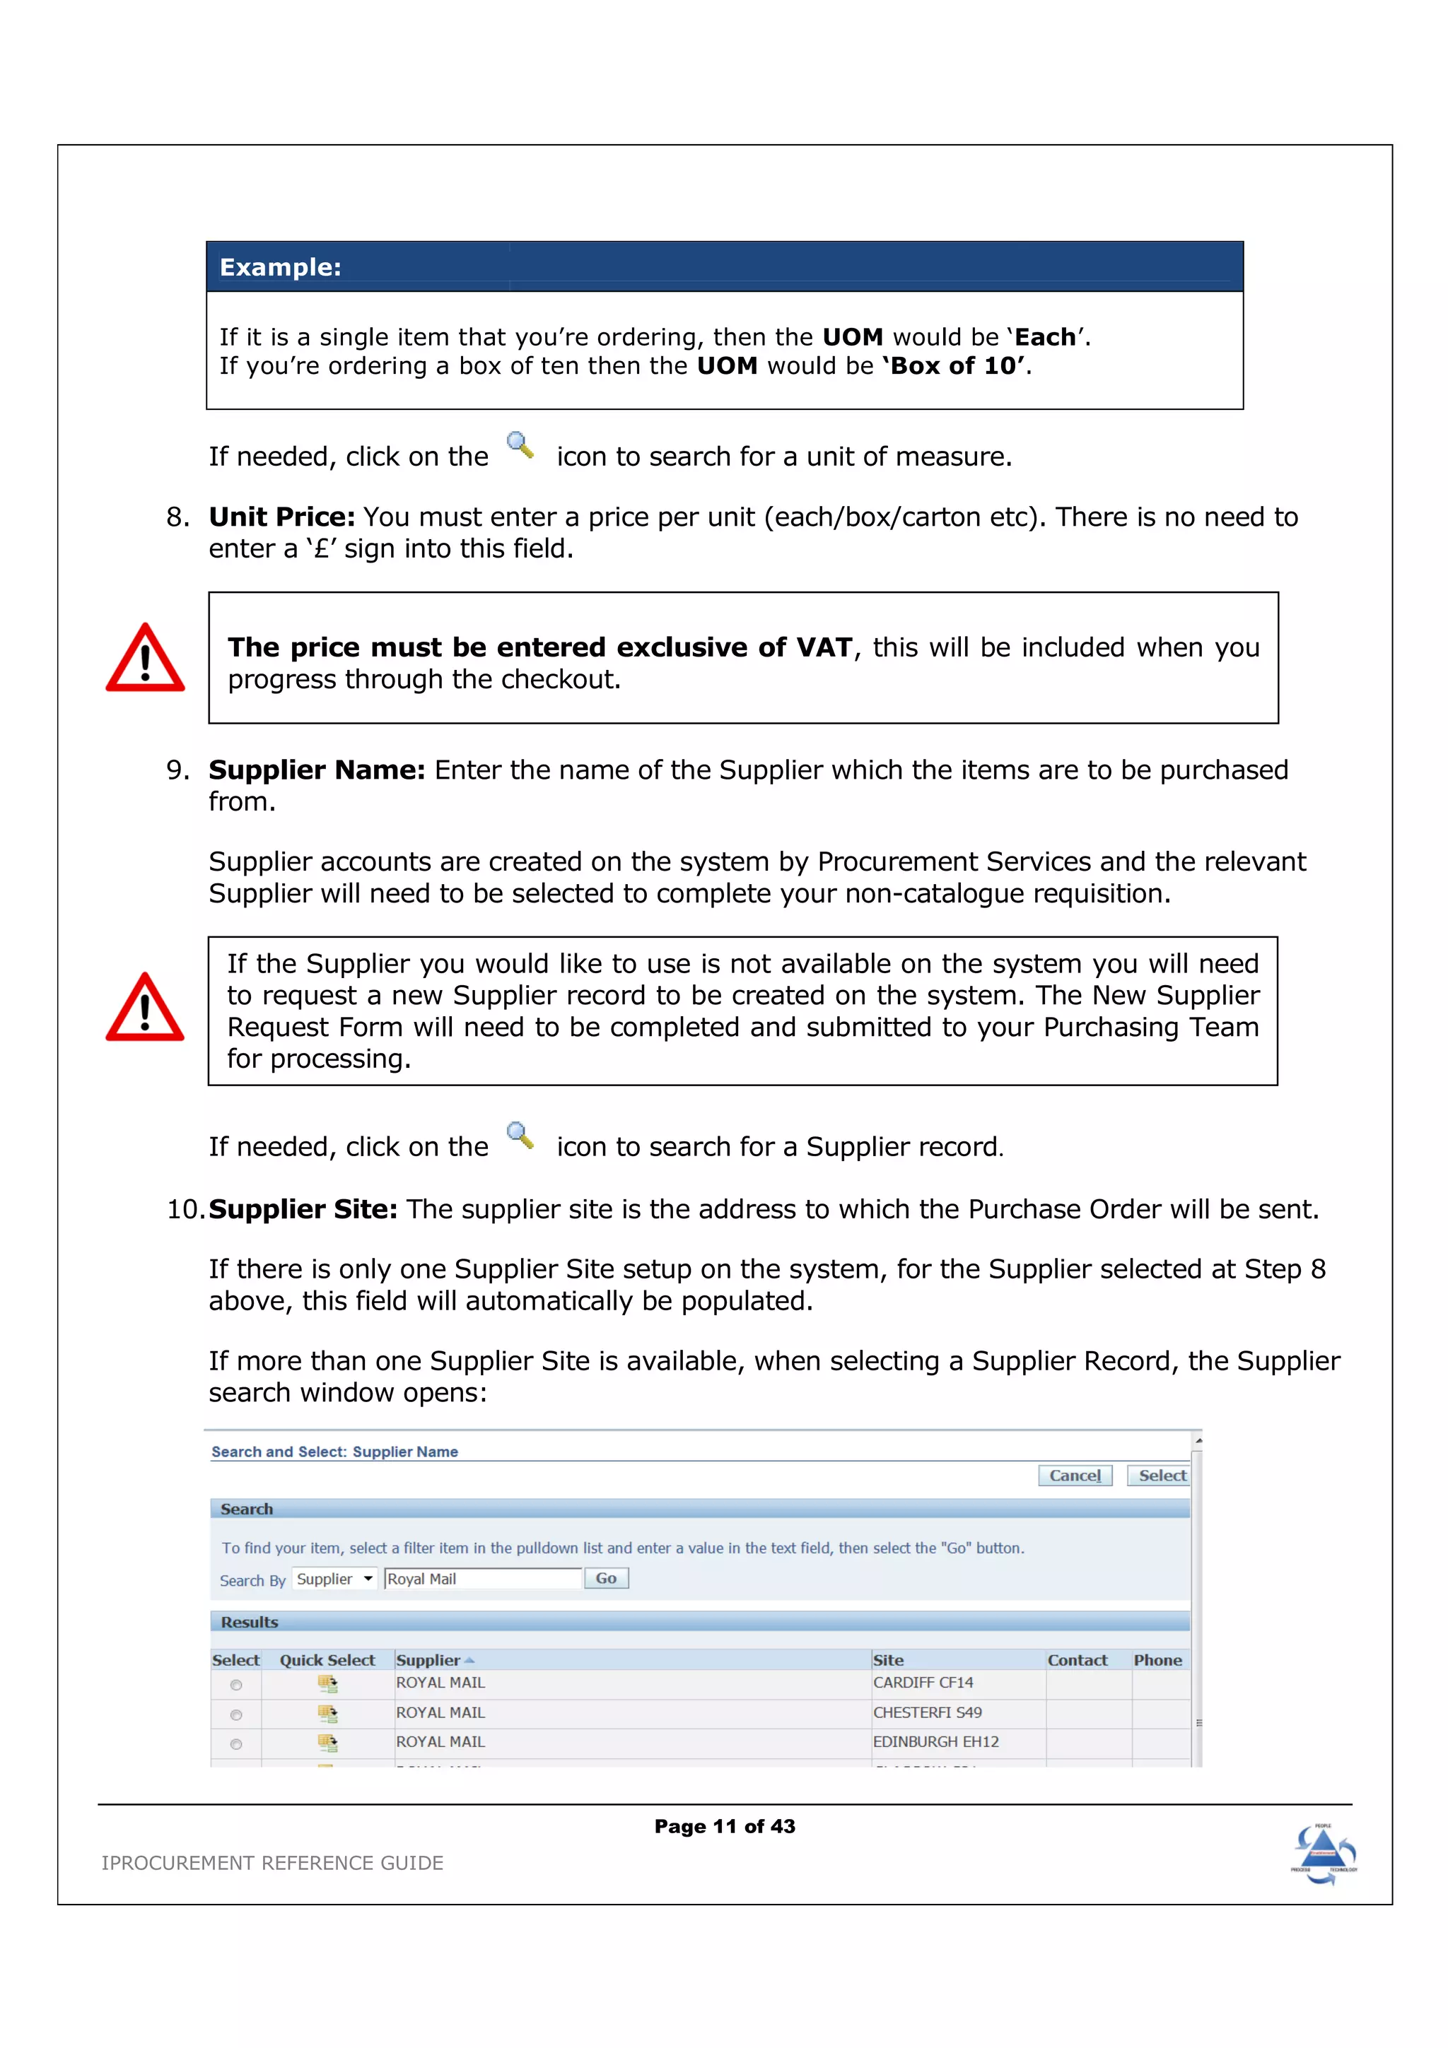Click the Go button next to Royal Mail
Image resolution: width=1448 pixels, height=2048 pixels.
[x=606, y=1578]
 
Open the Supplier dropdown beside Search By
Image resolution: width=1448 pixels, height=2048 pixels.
[x=334, y=1579]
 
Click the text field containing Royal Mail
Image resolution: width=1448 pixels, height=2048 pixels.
[x=481, y=1579]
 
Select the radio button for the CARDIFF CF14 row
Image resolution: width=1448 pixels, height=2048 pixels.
[x=235, y=1685]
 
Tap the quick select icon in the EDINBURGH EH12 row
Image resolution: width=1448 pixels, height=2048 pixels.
[x=327, y=1742]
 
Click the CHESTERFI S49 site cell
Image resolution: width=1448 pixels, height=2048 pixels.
[x=927, y=1712]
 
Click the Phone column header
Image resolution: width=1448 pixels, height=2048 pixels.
[x=1157, y=1660]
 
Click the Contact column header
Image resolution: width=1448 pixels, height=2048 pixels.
[x=1077, y=1660]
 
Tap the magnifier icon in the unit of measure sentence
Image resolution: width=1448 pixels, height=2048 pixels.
[x=520, y=445]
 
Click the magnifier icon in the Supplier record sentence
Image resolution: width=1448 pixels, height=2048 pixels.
[x=520, y=1136]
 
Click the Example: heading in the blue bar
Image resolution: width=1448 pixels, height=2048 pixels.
[x=280, y=266]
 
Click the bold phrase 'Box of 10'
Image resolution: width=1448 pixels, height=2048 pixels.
[x=955, y=366]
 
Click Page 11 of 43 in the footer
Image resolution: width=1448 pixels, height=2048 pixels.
[x=725, y=1826]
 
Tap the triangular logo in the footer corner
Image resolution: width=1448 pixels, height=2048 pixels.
[x=1323, y=1854]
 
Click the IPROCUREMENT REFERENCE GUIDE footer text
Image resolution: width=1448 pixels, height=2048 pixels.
[x=272, y=1862]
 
